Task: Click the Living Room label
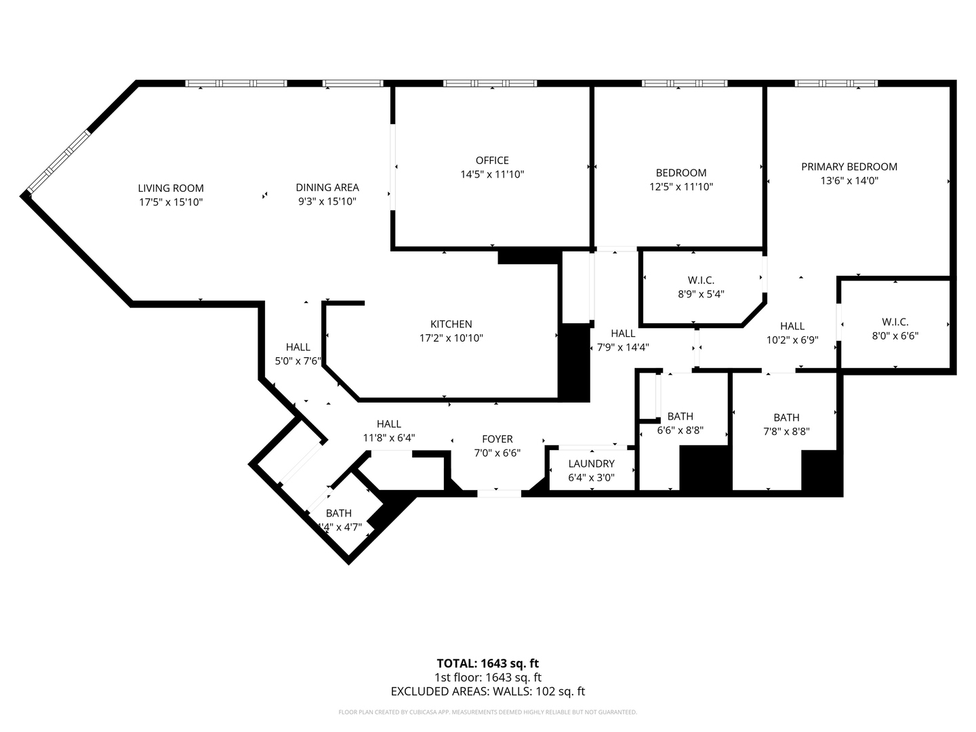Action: tap(171, 188)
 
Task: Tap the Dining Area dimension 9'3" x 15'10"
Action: tap(327, 201)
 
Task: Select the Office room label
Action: tap(492, 161)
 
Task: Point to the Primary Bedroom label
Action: tap(849, 167)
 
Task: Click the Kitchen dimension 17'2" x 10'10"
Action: tap(451, 338)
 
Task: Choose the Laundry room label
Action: tap(591, 464)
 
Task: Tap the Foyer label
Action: tap(497, 439)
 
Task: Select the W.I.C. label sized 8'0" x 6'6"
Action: tap(895, 323)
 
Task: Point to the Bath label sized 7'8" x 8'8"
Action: tap(786, 418)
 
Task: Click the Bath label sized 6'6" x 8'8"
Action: tap(680, 416)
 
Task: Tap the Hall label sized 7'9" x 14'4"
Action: tap(623, 333)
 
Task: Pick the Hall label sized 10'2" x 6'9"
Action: tap(792, 326)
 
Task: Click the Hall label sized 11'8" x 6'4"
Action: tap(389, 424)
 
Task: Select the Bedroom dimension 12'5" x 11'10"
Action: tap(681, 186)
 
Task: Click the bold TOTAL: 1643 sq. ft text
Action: tap(488, 664)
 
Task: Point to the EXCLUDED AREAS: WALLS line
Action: tap(488, 691)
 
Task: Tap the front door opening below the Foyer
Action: tap(500, 493)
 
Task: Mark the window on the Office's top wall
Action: tap(490, 83)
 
